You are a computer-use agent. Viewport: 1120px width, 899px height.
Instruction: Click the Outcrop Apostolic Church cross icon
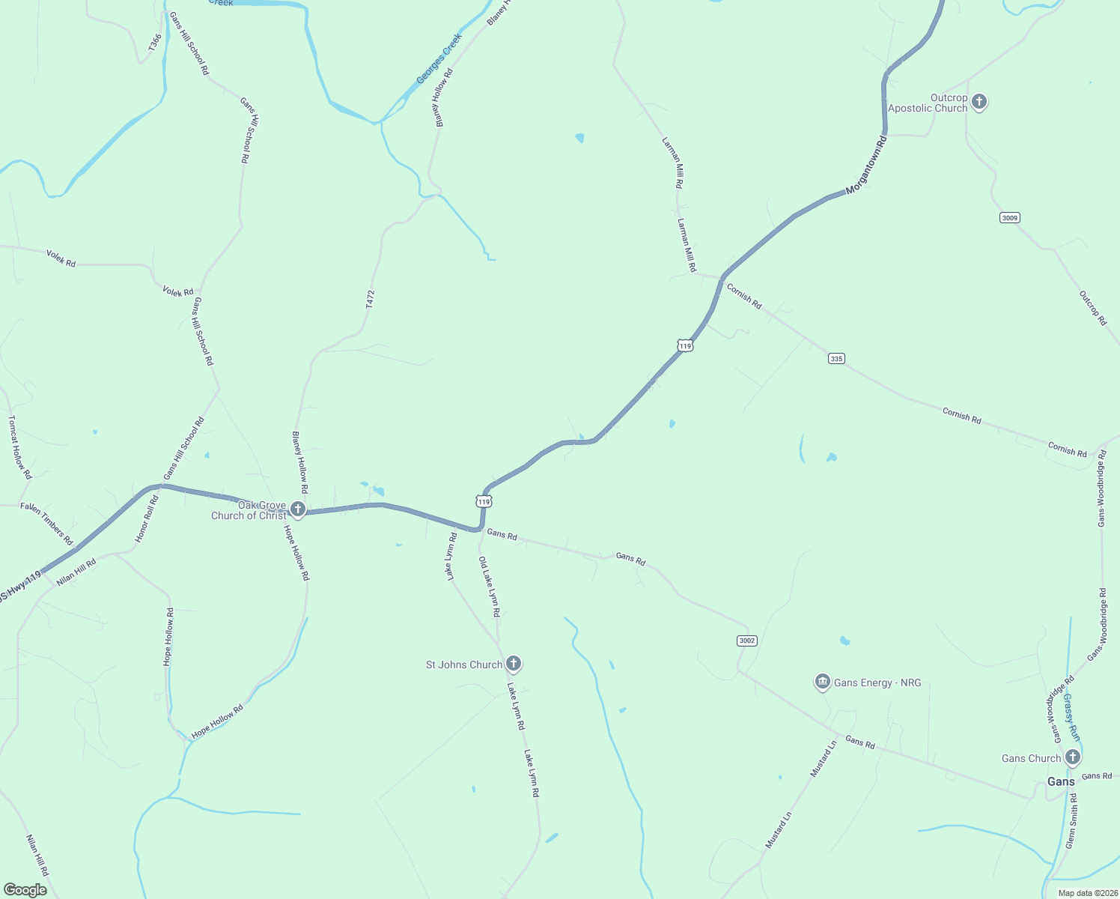[979, 101]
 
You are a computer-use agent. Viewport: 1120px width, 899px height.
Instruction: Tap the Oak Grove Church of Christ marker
[298, 510]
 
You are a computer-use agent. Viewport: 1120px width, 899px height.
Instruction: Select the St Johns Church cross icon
[513, 663]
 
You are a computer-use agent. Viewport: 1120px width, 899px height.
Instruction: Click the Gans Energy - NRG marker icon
[823, 682]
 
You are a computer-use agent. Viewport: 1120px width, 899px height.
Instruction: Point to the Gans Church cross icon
[1072, 757]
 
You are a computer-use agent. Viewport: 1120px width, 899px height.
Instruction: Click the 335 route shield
[836, 359]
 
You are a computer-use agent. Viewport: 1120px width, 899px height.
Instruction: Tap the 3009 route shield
[1009, 218]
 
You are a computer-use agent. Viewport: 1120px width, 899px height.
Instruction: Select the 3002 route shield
[746, 641]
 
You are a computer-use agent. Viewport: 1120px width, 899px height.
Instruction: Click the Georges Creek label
[439, 58]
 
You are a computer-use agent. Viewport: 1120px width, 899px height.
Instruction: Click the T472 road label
[370, 300]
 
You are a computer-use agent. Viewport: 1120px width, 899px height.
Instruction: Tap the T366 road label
[154, 43]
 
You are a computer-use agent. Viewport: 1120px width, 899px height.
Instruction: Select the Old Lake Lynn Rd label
[490, 587]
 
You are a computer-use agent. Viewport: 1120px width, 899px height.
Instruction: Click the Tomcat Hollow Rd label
[20, 447]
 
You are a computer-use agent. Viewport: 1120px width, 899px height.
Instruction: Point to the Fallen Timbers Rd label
[46, 524]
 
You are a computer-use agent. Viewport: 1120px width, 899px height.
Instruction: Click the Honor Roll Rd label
[147, 518]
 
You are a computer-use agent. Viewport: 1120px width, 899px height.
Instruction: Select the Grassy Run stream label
[1071, 716]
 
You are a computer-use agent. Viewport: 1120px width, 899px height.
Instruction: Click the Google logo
[25, 889]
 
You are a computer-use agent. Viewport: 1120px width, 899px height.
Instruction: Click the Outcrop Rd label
[1093, 308]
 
